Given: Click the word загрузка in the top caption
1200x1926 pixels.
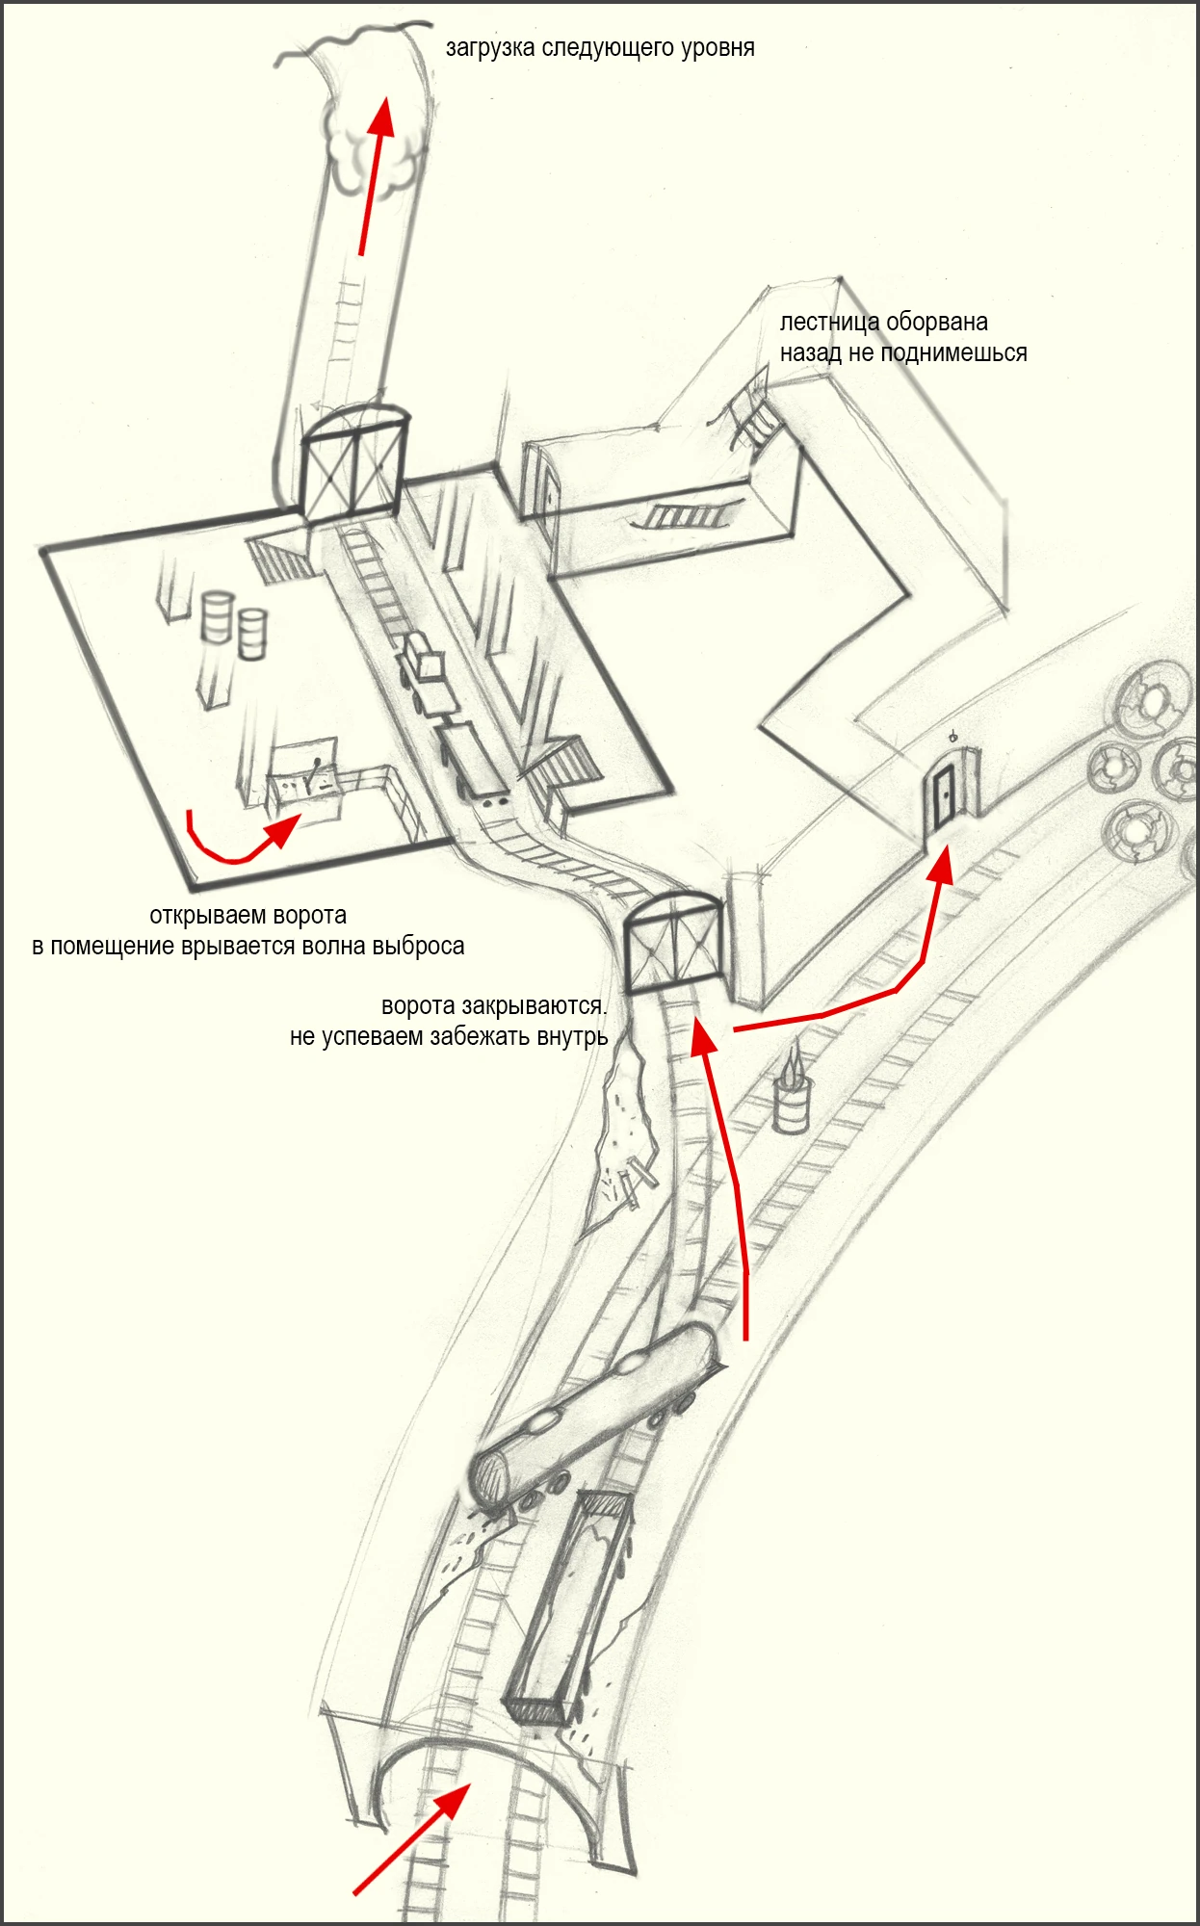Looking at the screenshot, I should click(x=490, y=48).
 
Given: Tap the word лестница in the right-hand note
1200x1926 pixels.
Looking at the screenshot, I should click(x=828, y=323).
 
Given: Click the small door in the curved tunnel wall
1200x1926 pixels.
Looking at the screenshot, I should click(x=942, y=797).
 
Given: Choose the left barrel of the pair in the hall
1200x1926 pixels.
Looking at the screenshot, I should click(x=217, y=617).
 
